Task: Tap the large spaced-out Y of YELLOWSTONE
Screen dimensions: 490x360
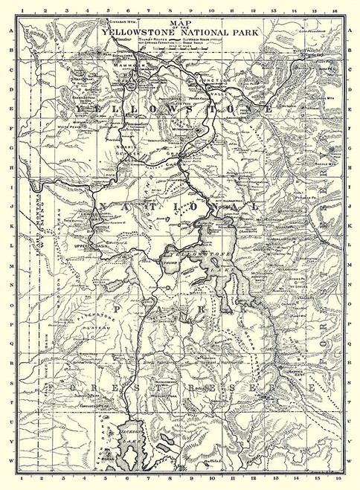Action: point(79,109)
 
